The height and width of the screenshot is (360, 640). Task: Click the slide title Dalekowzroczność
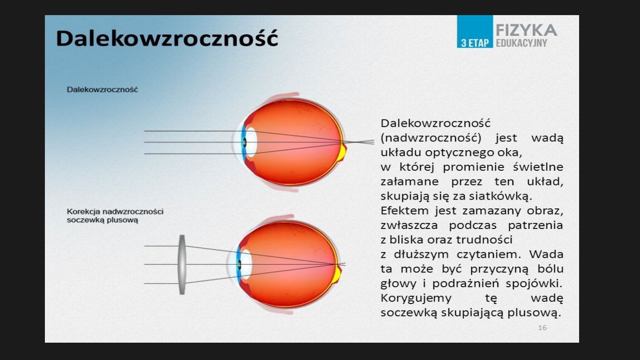coord(167,38)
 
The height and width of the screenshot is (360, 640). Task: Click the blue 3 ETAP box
coord(475,32)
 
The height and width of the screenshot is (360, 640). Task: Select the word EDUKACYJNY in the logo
coord(521,43)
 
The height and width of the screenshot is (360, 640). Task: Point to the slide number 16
coord(542,328)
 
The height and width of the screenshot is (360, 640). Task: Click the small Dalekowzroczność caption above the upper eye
coord(102,89)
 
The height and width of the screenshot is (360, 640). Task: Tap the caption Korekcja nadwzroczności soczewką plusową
coord(115,216)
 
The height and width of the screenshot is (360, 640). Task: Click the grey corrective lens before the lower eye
coord(182,264)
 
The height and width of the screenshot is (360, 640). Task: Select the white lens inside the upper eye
coord(251,142)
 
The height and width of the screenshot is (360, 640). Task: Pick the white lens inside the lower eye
coord(246,264)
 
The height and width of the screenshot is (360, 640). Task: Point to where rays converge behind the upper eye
coord(356,142)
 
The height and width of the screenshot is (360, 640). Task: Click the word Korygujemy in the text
coord(416,298)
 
